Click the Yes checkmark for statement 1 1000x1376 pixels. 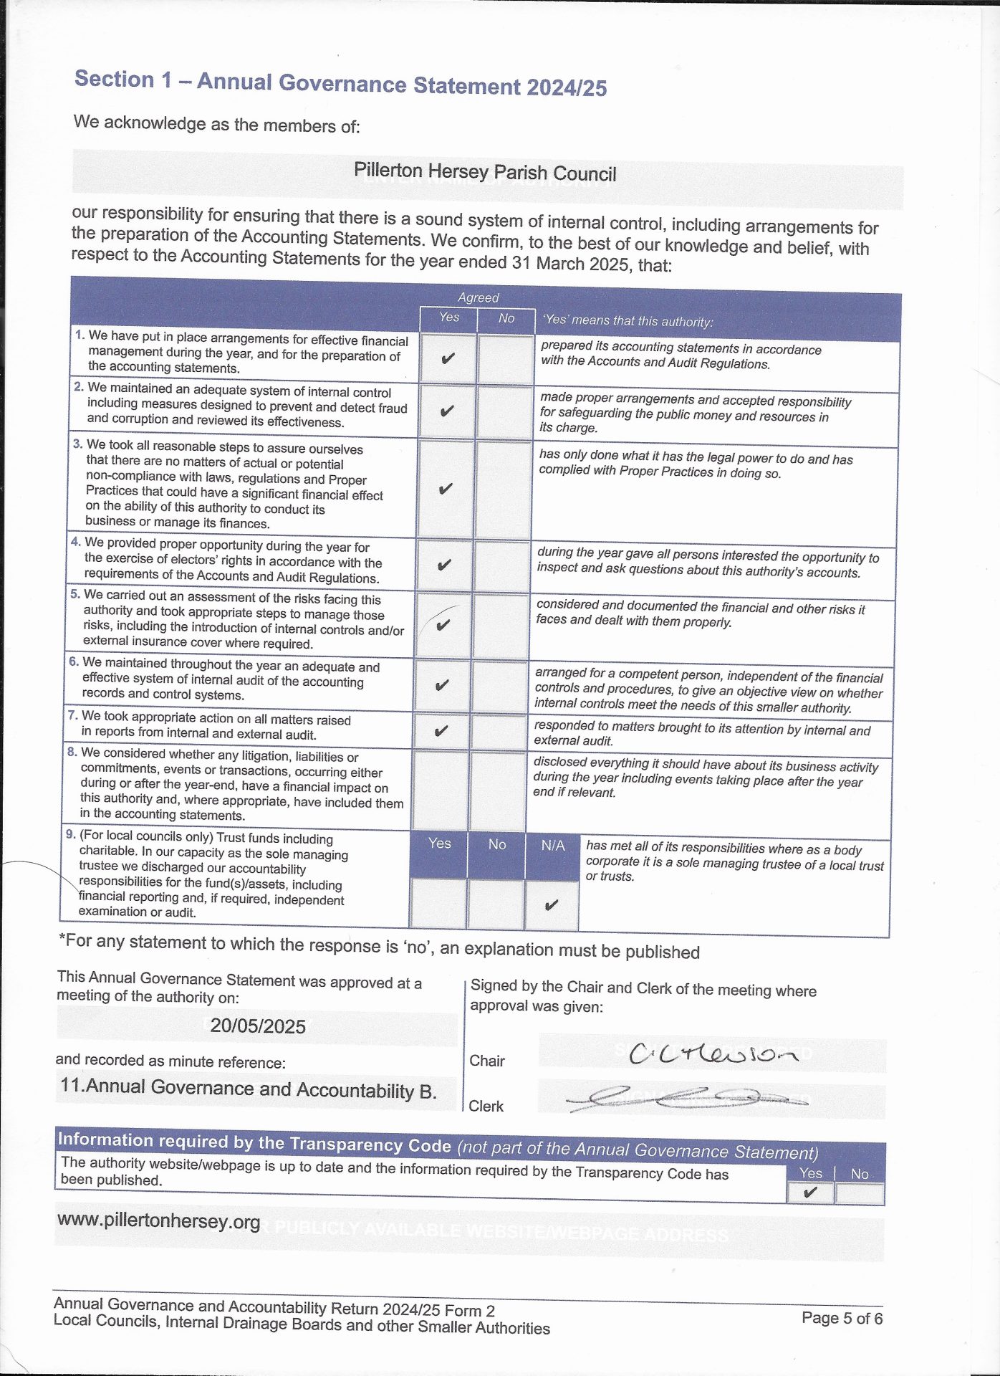[x=448, y=358]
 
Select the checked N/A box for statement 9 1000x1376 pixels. [x=551, y=905]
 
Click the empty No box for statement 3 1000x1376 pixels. [x=504, y=489]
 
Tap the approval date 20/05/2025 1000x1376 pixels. [x=258, y=1026]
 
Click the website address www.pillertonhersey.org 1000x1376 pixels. [x=158, y=1220]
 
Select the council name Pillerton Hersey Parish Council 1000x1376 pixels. [x=485, y=173]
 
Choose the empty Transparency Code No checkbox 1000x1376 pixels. [x=859, y=1194]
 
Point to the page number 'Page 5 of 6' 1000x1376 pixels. [x=842, y=1318]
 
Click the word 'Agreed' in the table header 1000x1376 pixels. [x=479, y=297]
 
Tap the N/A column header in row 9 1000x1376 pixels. [x=553, y=846]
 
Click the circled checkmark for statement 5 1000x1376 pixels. [x=443, y=624]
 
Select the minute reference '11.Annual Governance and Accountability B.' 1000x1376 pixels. [x=249, y=1089]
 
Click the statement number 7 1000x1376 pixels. [x=72, y=715]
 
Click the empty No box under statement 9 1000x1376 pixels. [x=496, y=904]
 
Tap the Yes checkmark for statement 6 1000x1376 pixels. [x=442, y=685]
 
